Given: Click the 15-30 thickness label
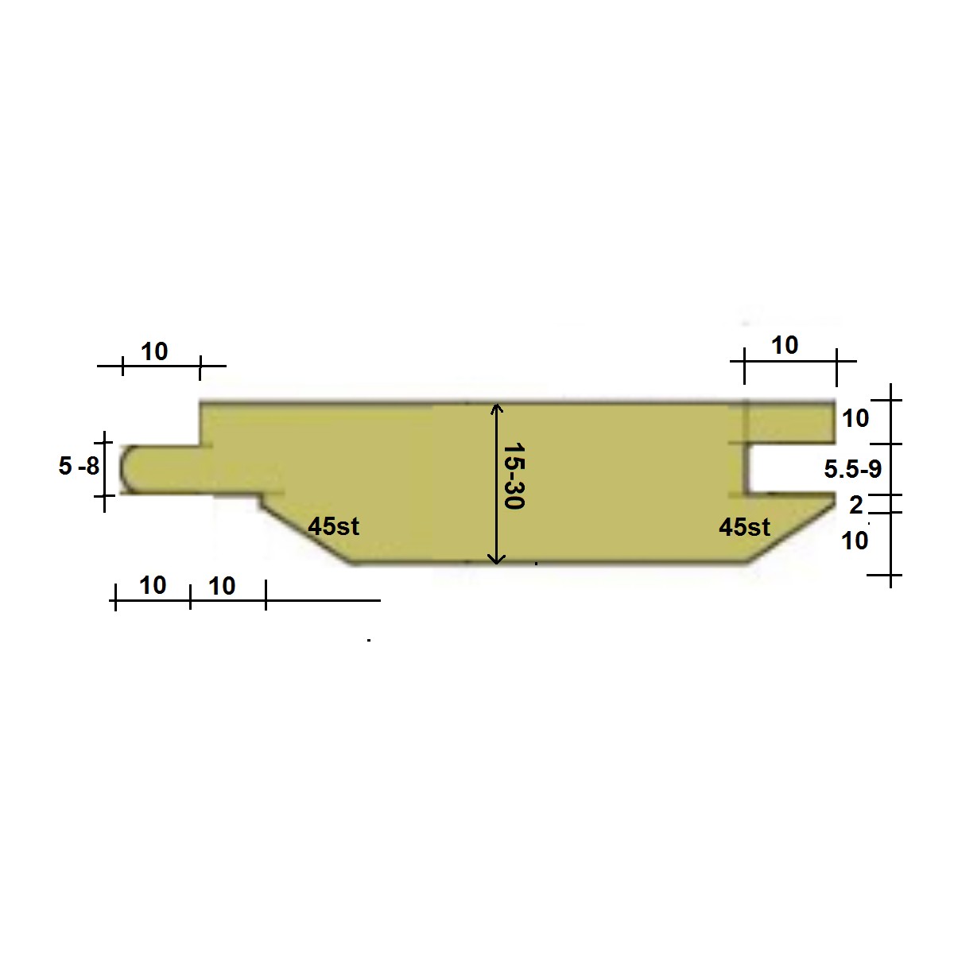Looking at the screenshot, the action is [x=514, y=475].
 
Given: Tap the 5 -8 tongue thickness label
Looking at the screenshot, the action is [x=79, y=466].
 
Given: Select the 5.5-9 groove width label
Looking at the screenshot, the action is [x=852, y=469].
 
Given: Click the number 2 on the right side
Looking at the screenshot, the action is [x=856, y=505].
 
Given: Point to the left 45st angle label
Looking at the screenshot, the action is [x=333, y=526].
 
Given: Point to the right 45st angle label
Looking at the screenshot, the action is [x=744, y=527].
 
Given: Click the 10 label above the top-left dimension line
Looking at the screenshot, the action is [x=154, y=352].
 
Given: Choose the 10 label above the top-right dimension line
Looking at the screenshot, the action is [x=785, y=345].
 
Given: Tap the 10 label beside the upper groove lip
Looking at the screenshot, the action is [x=855, y=418].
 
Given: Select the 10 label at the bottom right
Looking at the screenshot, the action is [x=855, y=541].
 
